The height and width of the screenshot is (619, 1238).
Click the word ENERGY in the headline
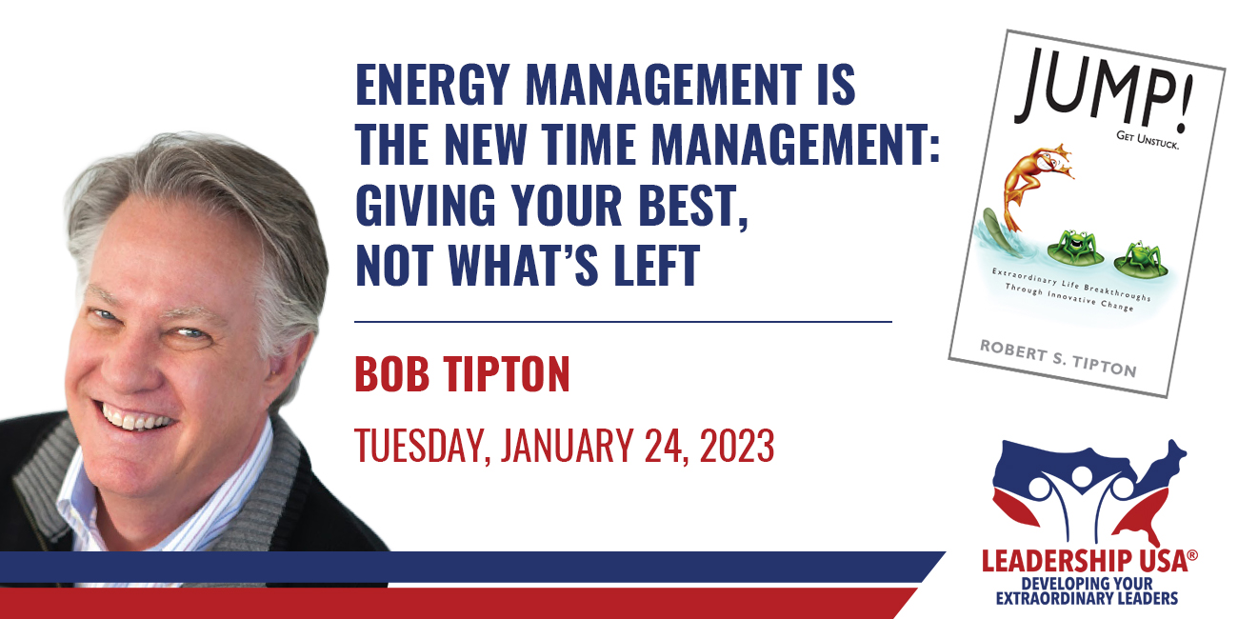432,85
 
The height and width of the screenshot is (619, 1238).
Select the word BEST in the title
688,205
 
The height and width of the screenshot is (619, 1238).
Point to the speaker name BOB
391,374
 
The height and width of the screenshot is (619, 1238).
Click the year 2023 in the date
737,445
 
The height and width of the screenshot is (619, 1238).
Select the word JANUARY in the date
567,445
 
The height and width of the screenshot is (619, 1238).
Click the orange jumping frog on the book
1034,184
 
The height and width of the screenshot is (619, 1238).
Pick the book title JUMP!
1103,90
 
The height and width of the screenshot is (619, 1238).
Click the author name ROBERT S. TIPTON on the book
1058,359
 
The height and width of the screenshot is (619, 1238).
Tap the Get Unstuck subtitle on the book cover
1148,141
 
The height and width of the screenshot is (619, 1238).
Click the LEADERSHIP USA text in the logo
1085,562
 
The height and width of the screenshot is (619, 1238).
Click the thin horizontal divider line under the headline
624,322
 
